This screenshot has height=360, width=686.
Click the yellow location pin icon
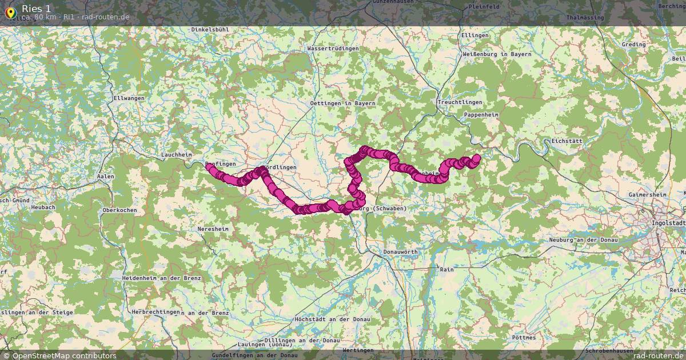point(10,11)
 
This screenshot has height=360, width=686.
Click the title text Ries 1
point(37,8)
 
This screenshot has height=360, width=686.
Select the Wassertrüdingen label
point(333,49)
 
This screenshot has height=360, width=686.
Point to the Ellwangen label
point(129,98)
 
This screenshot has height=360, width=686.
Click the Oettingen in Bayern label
point(342,103)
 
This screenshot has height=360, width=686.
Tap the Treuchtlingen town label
point(460,102)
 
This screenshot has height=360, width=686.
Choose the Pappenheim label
point(481,115)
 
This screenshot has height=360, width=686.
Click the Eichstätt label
point(567,141)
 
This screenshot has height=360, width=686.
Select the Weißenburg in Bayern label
point(496,54)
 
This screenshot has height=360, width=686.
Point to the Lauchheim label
point(176,155)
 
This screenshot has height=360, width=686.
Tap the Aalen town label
point(106,177)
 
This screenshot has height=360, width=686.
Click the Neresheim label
point(213,228)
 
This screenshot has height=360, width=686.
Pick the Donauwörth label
point(400,252)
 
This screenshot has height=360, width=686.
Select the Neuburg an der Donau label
point(583,240)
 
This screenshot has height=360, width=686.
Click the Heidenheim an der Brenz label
point(161,278)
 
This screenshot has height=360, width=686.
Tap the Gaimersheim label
point(648,195)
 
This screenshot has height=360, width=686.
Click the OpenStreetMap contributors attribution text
point(64,355)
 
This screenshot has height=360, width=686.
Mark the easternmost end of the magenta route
point(477,157)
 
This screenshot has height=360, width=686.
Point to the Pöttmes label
point(524,338)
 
